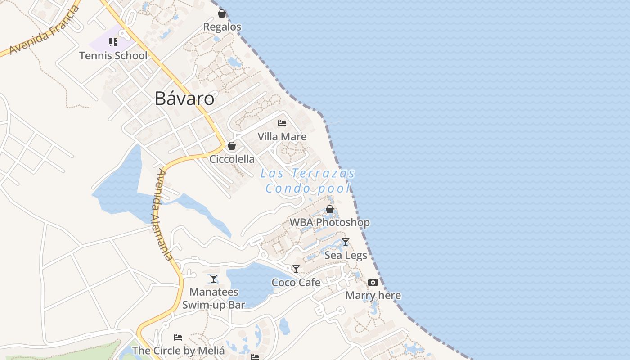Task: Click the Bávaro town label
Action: (x=184, y=99)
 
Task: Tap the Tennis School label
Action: (x=113, y=56)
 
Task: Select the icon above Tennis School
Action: (x=113, y=42)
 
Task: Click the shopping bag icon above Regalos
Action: (x=222, y=13)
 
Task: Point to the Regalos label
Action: (x=222, y=27)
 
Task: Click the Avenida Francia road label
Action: (x=44, y=31)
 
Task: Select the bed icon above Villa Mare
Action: (x=282, y=123)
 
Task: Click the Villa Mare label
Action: (x=282, y=137)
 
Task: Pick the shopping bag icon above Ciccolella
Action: (x=232, y=146)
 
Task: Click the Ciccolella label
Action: (x=232, y=159)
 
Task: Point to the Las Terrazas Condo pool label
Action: (x=308, y=180)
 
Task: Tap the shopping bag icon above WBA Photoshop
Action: (x=330, y=209)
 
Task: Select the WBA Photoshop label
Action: (x=330, y=222)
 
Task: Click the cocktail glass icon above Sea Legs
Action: (x=345, y=242)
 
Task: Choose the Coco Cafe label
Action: (x=296, y=283)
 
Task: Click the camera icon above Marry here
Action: (x=373, y=283)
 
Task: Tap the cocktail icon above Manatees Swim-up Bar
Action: (x=214, y=279)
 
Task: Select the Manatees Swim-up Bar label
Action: (x=214, y=298)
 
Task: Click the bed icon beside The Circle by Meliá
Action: (x=178, y=337)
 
